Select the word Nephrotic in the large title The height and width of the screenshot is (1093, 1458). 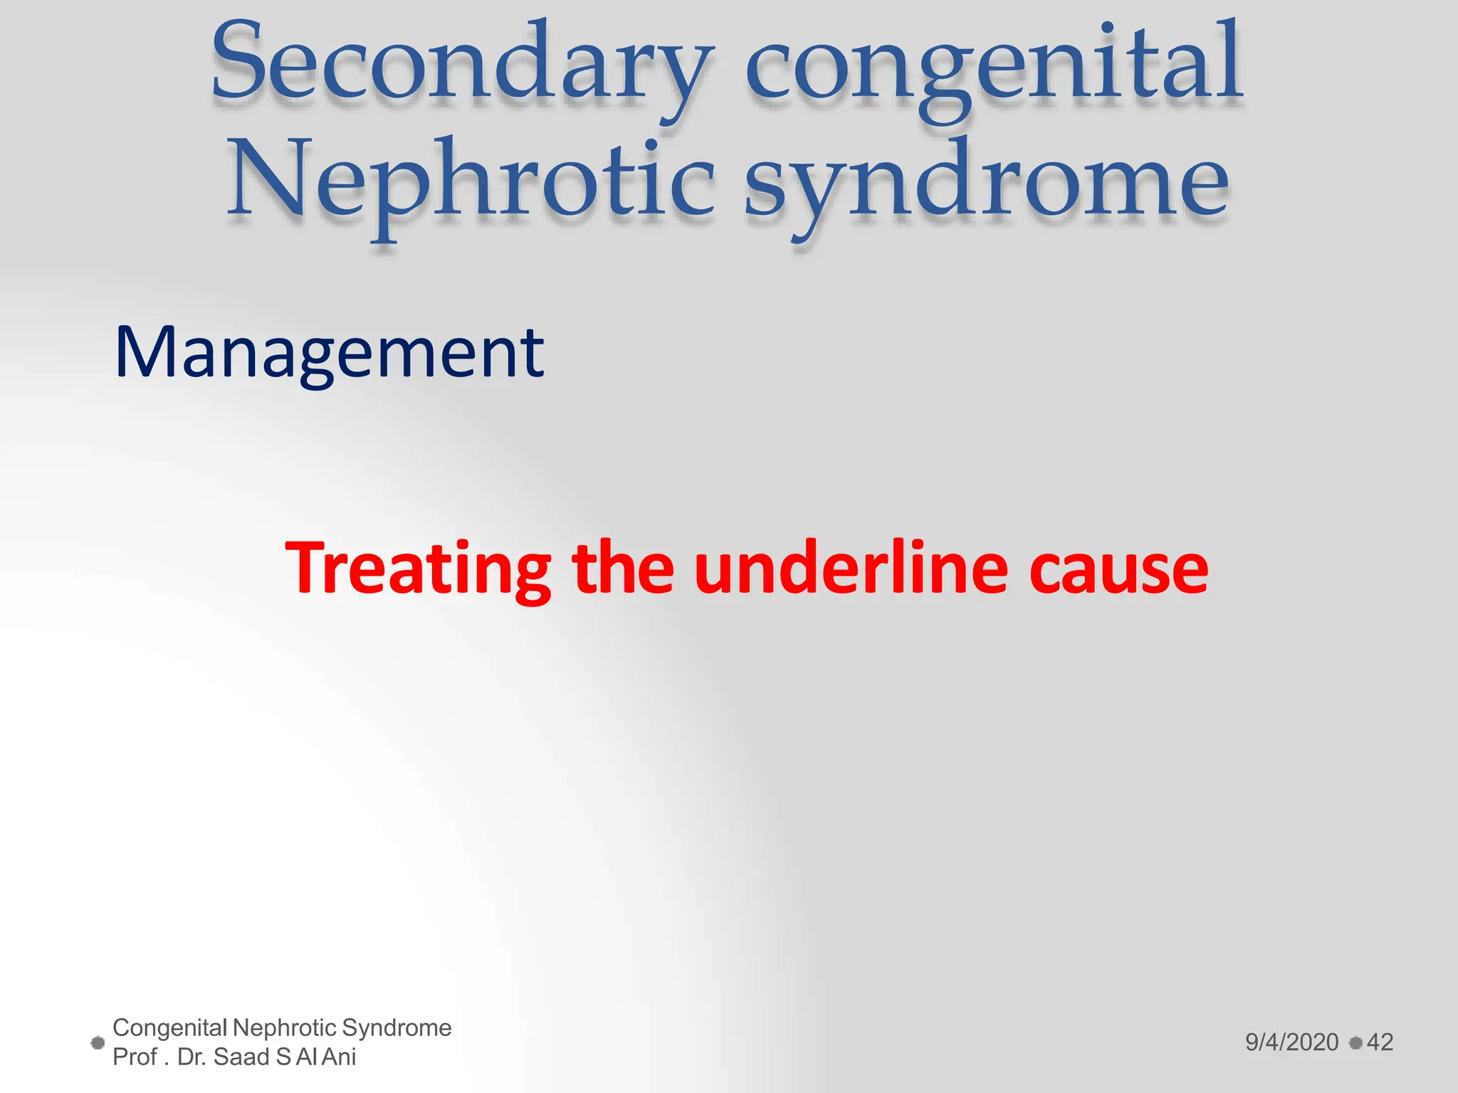[470, 182]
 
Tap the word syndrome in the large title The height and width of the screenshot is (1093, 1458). [987, 182]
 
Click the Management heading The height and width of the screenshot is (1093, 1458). [329, 353]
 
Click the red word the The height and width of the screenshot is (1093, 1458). [623, 569]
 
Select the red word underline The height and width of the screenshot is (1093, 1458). [851, 569]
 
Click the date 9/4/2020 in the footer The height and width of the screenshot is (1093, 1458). [1291, 1042]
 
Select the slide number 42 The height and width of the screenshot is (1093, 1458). [1380, 1042]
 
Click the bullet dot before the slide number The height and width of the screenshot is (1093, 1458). [1355, 1042]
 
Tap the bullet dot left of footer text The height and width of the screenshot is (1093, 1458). [98, 1043]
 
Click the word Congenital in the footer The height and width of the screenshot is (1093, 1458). [169, 1028]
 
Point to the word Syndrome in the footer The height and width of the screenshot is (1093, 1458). [396, 1028]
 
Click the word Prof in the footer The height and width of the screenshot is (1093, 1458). [135, 1057]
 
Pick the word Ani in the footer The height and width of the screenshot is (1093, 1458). [339, 1057]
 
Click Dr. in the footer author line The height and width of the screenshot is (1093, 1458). [192, 1057]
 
